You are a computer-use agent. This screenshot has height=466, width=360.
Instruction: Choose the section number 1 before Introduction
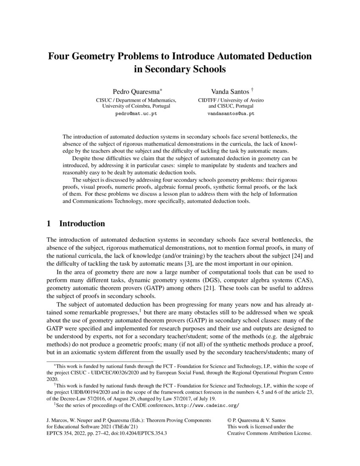49,223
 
